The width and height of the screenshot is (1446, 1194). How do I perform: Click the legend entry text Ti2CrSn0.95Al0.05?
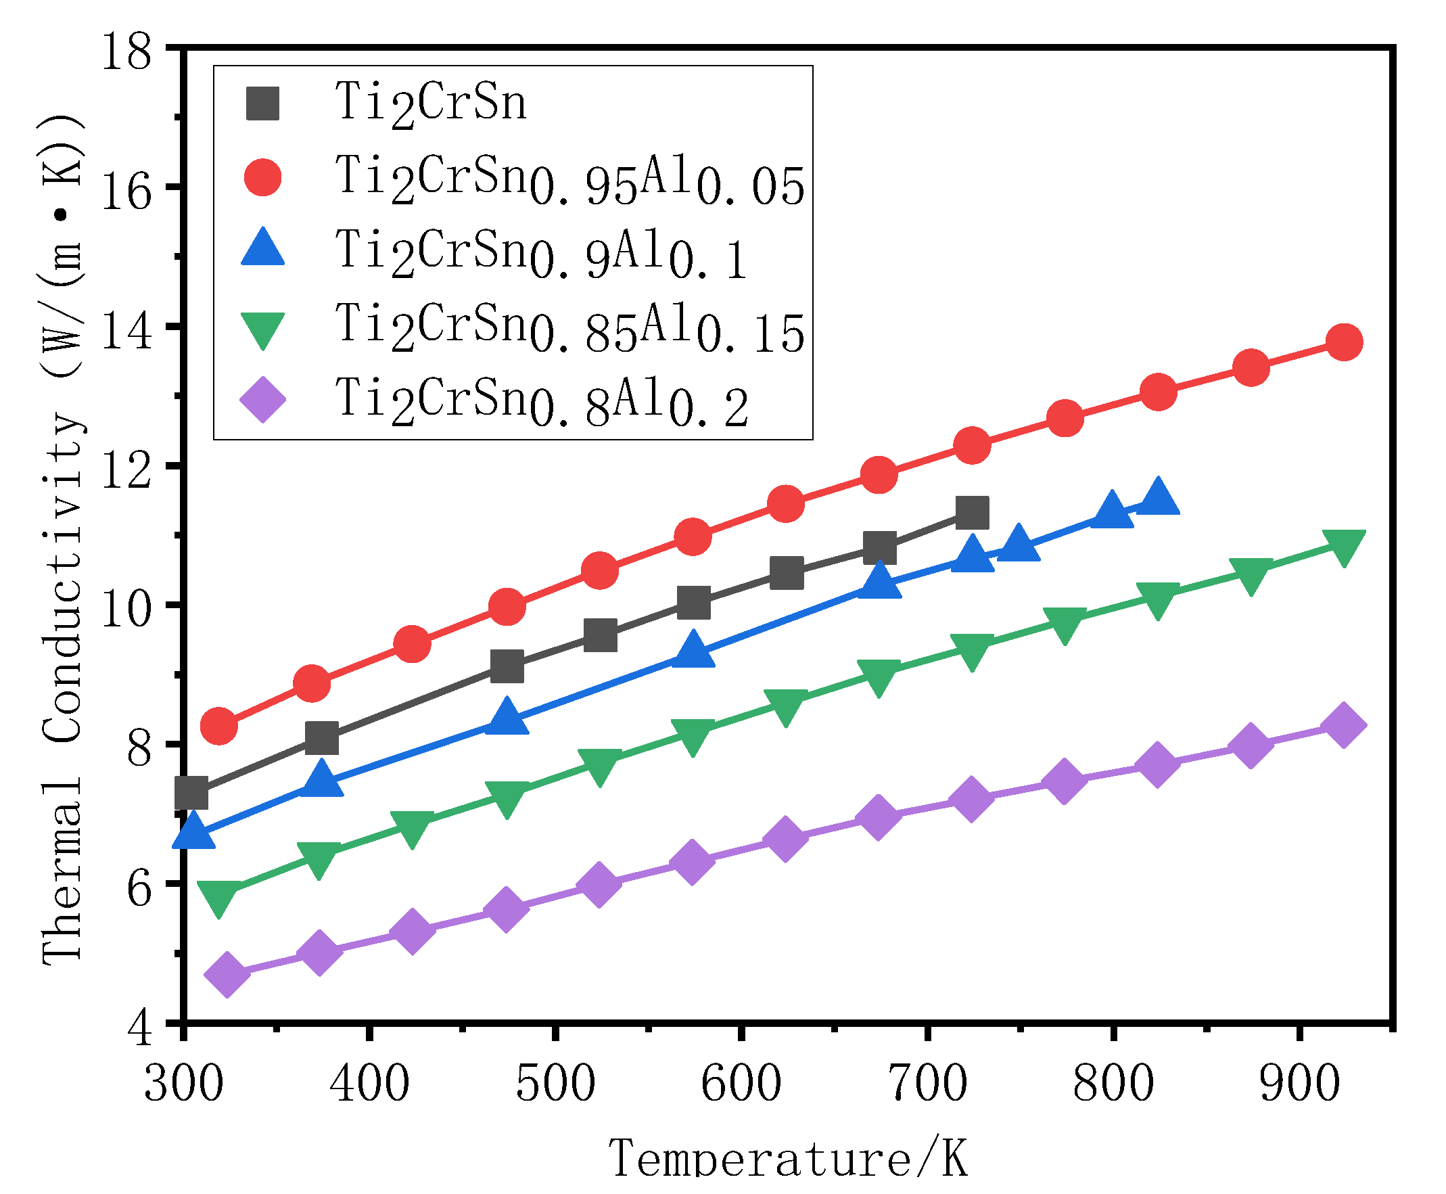click(x=569, y=180)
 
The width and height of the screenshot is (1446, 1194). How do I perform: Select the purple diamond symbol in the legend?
click(x=262, y=400)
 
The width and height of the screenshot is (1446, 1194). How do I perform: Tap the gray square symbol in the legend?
click(x=262, y=104)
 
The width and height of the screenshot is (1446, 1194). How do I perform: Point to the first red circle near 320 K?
click(x=219, y=727)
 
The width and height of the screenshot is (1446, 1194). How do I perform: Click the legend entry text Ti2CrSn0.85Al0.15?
click(x=569, y=328)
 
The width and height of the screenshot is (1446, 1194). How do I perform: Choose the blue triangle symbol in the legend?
click(x=262, y=249)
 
